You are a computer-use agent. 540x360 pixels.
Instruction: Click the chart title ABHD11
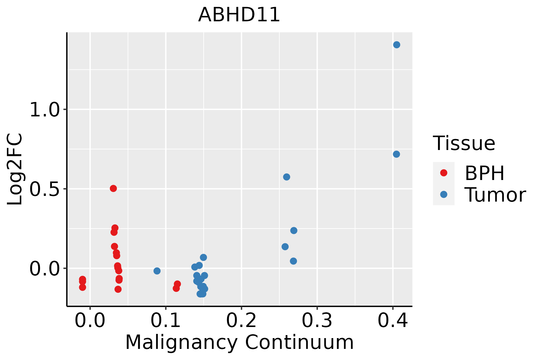(239, 15)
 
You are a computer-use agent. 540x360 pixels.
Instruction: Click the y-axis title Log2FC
(15, 169)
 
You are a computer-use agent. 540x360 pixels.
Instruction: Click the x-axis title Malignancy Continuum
(239, 342)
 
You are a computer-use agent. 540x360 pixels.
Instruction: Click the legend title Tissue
(464, 143)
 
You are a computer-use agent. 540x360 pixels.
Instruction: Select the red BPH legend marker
(443, 173)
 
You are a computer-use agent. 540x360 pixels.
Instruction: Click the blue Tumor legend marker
(443, 194)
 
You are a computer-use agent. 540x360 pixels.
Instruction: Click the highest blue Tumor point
(397, 45)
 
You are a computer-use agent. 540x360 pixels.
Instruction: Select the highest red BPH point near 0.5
(113, 188)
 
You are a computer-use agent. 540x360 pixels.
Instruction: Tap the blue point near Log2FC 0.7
(396, 154)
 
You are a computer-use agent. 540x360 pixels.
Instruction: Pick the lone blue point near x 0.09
(157, 271)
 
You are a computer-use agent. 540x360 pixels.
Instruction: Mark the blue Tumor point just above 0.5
(286, 177)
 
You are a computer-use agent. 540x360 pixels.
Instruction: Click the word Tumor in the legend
(495, 195)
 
